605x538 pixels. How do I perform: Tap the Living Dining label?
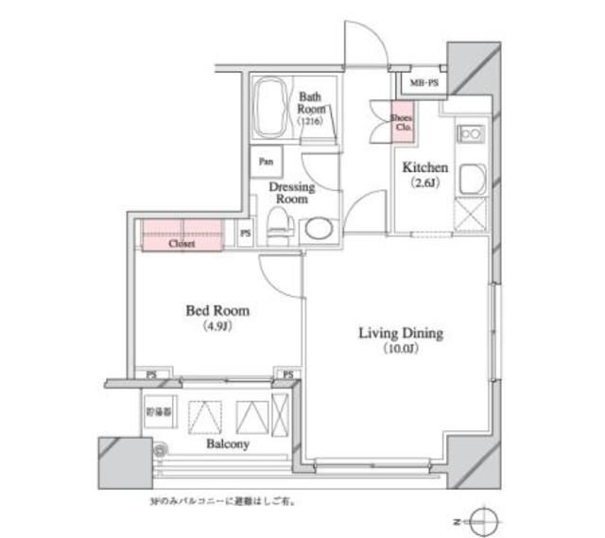400,333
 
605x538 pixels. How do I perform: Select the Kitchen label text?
425,167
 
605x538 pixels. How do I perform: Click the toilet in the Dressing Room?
278,223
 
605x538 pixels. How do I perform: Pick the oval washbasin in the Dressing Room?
318,229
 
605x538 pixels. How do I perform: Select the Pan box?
262,160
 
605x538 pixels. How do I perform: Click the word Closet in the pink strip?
181,243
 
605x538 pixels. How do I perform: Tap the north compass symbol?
483,522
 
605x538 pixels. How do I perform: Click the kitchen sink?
471,179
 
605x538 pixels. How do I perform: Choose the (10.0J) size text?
400,350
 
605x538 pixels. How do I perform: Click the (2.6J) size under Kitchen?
423,183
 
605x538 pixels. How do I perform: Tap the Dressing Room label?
290,194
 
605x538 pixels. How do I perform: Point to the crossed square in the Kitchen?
471,217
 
